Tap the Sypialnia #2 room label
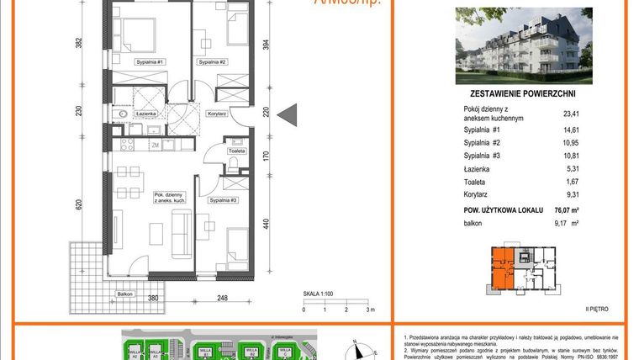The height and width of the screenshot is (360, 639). point(213,62)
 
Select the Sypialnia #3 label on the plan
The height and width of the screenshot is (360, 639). point(224,201)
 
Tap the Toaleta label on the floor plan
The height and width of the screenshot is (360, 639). point(237,151)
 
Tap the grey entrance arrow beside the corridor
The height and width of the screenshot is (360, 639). point(283,113)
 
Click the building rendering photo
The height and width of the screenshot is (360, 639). point(523,45)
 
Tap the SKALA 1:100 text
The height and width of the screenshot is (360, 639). point(320,294)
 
